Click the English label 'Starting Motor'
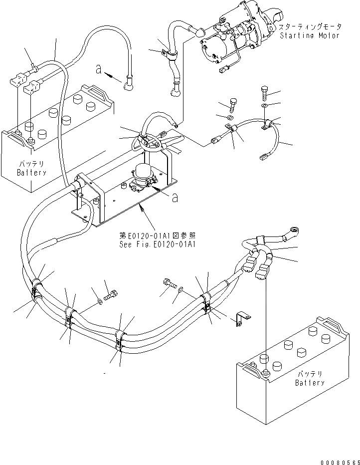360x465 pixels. coord(310,36)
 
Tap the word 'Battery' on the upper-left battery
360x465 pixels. coord(32,173)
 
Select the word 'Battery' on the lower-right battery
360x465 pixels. coord(310,383)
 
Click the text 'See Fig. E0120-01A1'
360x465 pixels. coord(158,244)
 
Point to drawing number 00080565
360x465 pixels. coord(340,462)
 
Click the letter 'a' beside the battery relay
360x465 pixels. coord(175,198)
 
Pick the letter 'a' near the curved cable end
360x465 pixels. coord(99,70)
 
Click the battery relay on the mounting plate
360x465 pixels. coord(142,179)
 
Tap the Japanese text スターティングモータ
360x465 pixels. coord(310,27)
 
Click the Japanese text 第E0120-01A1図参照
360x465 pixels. coord(158,236)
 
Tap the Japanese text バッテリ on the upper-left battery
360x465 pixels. coord(32,164)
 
